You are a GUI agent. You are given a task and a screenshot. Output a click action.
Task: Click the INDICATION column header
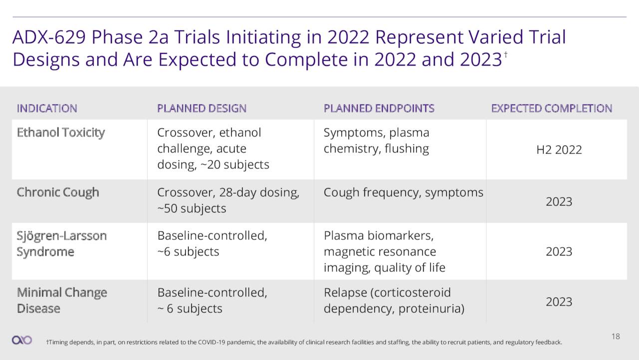click(47, 108)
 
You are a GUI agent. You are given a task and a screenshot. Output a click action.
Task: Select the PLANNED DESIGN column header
click(202, 108)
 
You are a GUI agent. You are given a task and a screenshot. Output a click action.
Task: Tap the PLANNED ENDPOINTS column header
click(379, 108)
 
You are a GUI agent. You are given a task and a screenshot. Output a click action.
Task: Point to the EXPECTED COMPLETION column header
click(552, 108)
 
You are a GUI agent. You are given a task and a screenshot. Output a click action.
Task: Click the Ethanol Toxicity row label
click(61, 133)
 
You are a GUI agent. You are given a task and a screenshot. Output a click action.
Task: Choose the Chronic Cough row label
click(58, 192)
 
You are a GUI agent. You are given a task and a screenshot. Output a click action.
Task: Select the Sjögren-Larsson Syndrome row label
click(61, 243)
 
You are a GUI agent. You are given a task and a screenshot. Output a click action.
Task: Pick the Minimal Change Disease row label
click(62, 300)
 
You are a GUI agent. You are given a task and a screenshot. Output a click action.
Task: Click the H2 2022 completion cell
click(559, 150)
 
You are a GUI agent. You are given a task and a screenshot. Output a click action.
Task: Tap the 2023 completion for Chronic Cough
click(559, 201)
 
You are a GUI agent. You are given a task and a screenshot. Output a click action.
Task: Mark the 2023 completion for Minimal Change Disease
click(559, 302)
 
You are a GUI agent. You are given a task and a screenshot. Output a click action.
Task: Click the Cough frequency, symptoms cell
click(403, 192)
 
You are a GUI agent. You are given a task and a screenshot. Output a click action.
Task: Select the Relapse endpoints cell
click(394, 300)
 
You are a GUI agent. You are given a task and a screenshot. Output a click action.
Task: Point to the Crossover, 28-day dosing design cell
click(228, 200)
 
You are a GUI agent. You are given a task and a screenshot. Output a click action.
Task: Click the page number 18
click(616, 336)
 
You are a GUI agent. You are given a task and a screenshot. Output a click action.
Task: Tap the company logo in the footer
click(21, 340)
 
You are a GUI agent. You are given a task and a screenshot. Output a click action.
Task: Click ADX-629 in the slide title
click(49, 37)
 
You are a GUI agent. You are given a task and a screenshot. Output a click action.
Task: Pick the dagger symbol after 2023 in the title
click(506, 54)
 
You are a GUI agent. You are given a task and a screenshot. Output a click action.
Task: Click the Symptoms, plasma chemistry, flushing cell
click(376, 141)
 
